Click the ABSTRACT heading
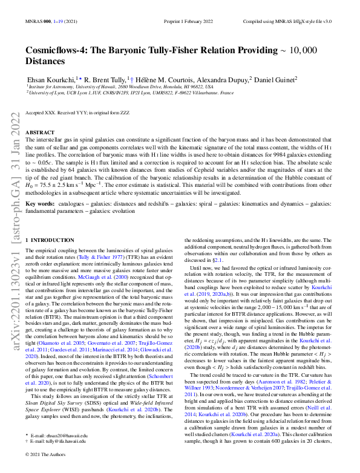pyautogui.click(x=41, y=131)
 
